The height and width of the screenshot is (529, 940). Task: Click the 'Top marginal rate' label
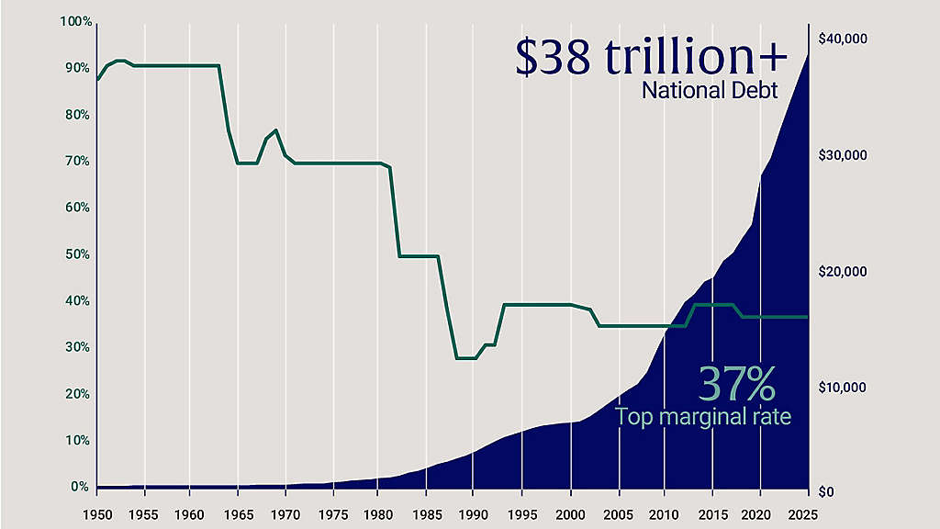click(702, 416)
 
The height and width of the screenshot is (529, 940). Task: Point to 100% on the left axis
click(77, 21)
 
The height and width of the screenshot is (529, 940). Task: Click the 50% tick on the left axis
click(79, 254)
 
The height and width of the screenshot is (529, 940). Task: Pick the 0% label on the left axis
click(81, 487)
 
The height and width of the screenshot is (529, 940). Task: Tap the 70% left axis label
click(79, 161)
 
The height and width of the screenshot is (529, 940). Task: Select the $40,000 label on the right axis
click(842, 39)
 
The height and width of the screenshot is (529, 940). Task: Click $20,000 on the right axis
click(842, 272)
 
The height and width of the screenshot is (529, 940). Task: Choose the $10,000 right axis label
click(842, 387)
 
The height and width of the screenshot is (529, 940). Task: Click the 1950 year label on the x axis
click(95, 514)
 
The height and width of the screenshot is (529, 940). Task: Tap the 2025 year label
click(808, 514)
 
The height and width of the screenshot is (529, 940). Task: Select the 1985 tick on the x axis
click(428, 514)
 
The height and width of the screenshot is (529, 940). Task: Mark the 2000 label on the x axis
click(570, 514)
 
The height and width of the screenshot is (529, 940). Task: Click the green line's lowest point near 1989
click(465, 358)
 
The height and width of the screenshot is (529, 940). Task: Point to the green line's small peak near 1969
click(275, 130)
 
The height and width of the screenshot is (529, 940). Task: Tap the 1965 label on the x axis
click(238, 514)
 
